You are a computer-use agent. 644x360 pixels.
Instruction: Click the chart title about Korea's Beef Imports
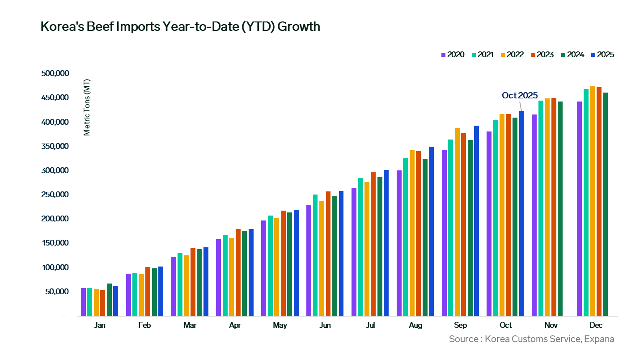(180, 27)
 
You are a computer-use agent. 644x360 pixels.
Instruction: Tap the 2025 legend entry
(602, 55)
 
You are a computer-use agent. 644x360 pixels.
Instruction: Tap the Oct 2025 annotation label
(519, 95)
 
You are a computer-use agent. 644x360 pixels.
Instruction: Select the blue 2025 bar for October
(521, 213)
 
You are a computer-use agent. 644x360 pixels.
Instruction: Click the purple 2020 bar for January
(83, 302)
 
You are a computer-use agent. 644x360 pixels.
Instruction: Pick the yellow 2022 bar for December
(592, 201)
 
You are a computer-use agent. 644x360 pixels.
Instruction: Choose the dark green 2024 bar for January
(109, 300)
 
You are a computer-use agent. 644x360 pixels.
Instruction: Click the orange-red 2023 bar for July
(373, 244)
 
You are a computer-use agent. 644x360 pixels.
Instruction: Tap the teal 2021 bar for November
(541, 208)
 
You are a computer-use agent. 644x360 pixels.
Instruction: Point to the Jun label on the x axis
(325, 325)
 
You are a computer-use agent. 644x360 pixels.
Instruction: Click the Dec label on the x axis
(596, 325)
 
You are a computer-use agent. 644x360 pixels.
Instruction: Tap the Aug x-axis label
(415, 325)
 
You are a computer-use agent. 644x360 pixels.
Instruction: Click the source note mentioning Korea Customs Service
(531, 339)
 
